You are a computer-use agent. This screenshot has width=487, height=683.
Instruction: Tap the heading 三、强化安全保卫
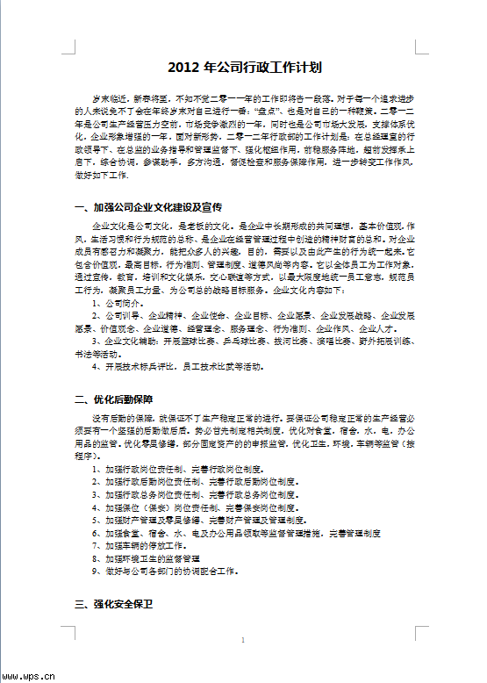(115, 605)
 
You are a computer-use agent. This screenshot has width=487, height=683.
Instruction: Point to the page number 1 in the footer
(242, 640)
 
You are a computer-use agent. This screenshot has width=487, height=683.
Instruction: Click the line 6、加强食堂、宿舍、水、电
(237, 533)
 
